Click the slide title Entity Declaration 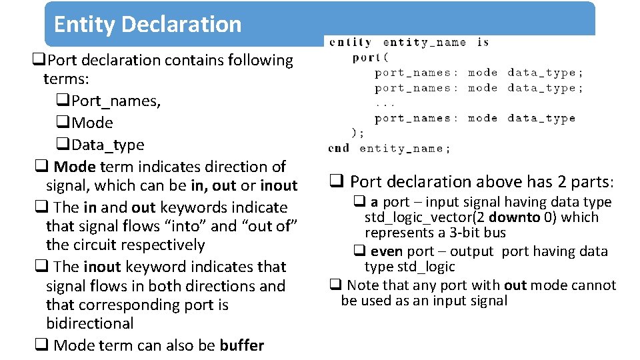[x=147, y=25]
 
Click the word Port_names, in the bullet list [x=115, y=101]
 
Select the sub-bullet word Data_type [x=107, y=145]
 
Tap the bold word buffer [x=242, y=345]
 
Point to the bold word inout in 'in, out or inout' [x=278, y=185]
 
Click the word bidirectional [x=90, y=324]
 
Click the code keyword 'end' [x=339, y=148]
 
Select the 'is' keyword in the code [x=483, y=42]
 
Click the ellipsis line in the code [x=385, y=103]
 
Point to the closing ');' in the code [x=358, y=133]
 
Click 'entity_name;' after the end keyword [x=405, y=148]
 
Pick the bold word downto [x=511, y=217]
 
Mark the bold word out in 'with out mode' [x=515, y=285]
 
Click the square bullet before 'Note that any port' [x=335, y=285]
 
